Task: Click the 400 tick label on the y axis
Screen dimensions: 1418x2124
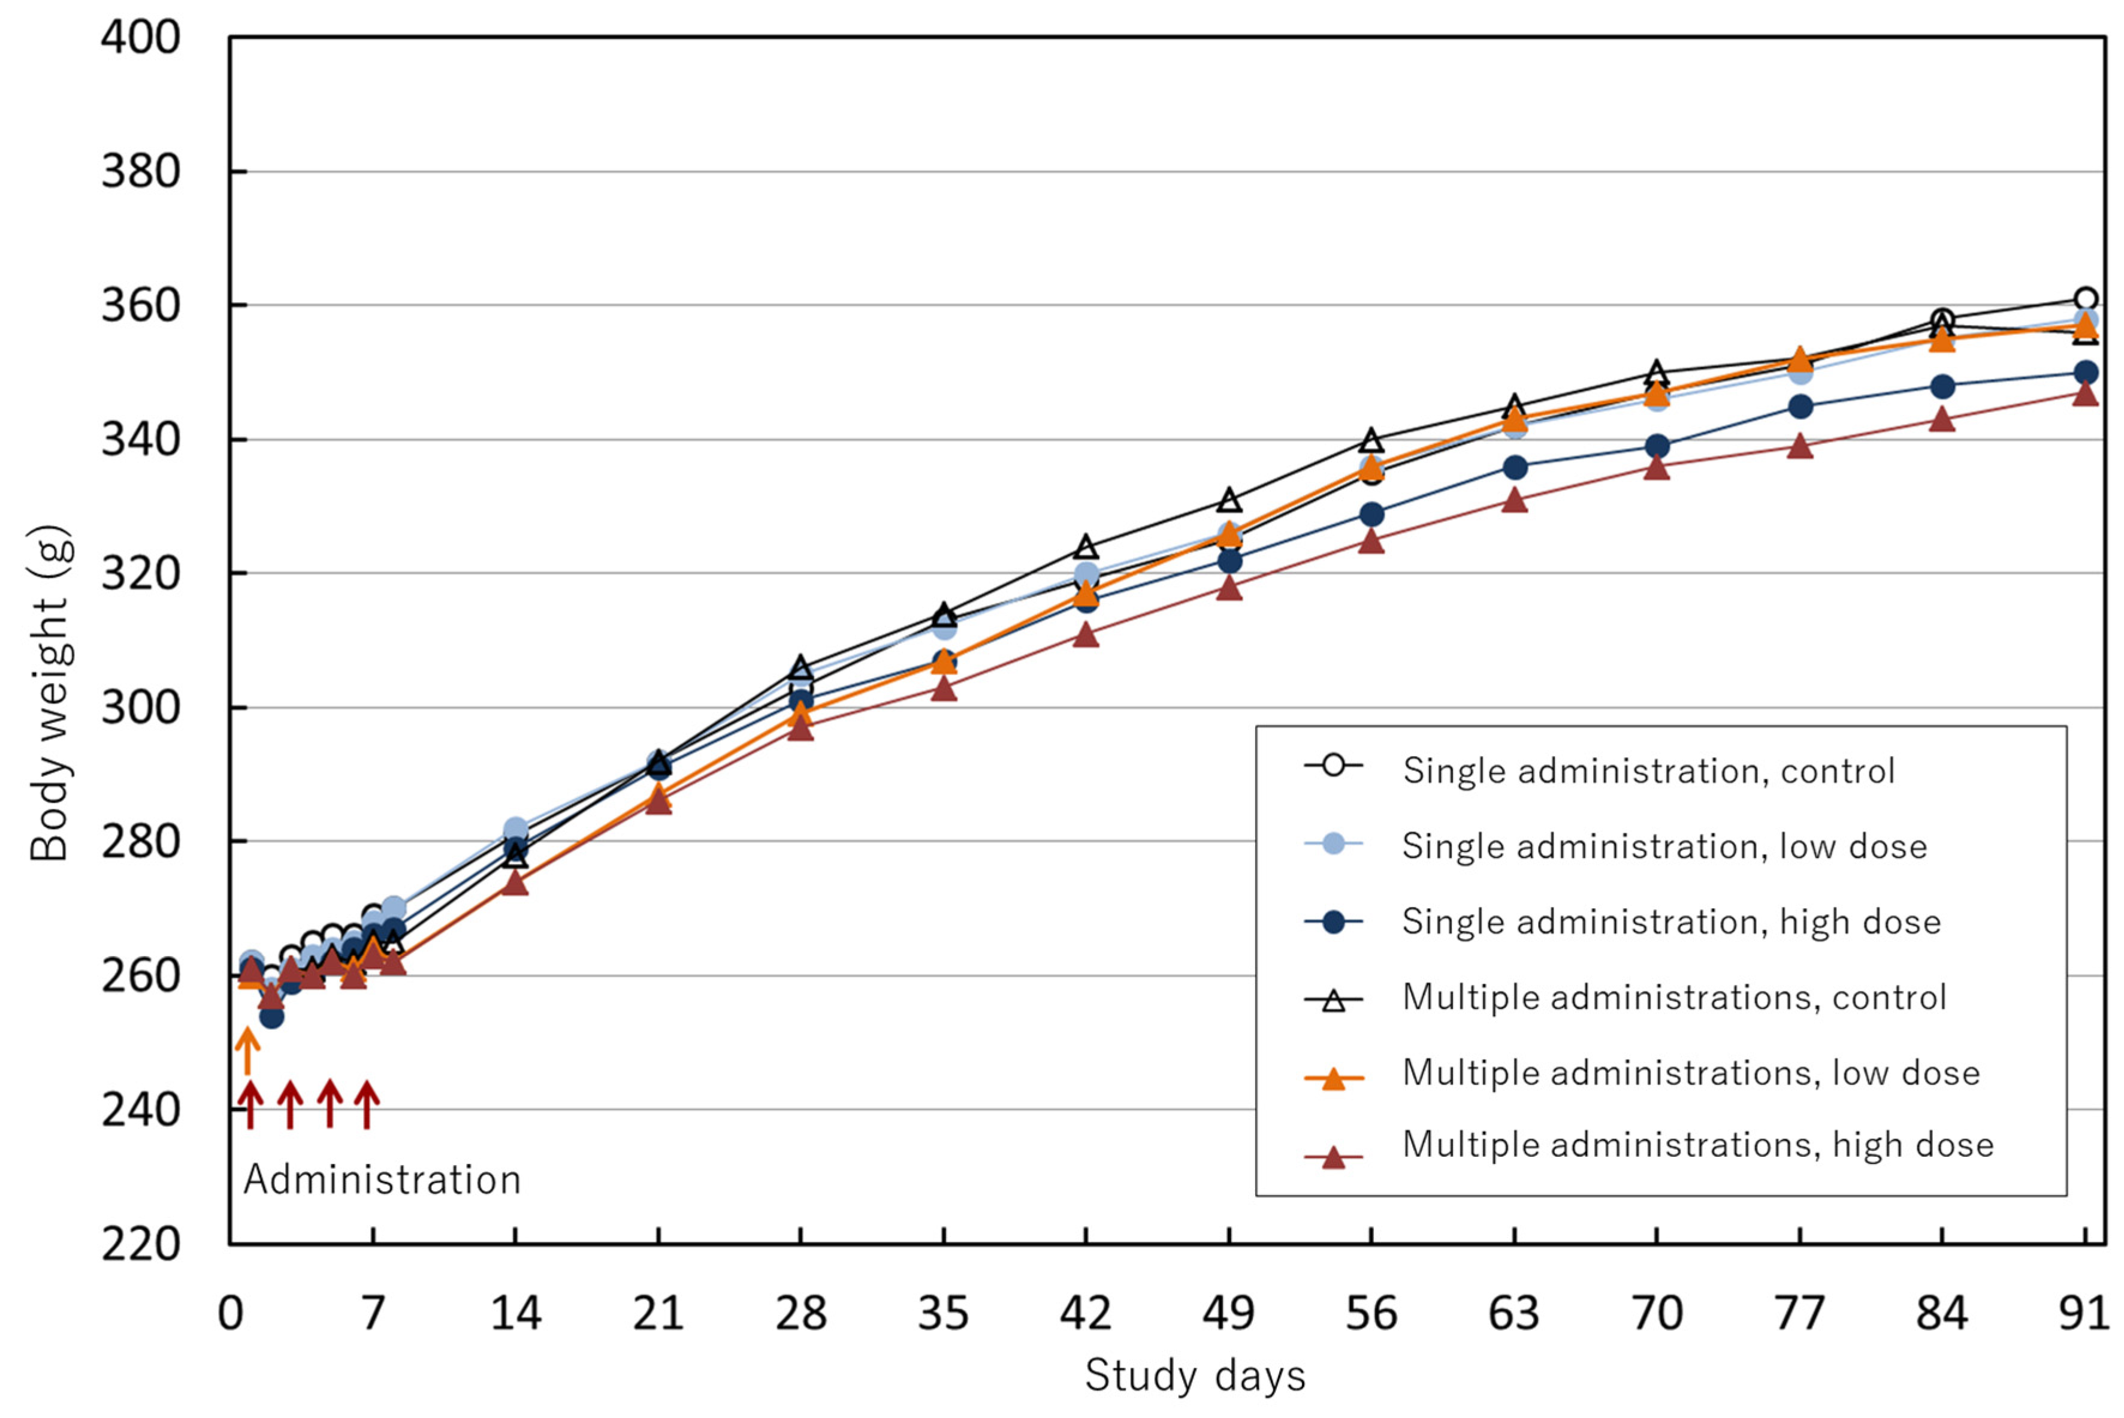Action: [x=140, y=38]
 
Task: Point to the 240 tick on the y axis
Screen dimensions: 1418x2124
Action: [x=140, y=1111]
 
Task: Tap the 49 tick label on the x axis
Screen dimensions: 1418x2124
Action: [x=1228, y=1313]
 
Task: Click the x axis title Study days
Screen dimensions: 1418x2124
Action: [x=1195, y=1375]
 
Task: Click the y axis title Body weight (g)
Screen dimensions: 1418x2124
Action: [x=50, y=693]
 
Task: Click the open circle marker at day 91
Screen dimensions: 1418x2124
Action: [x=2085, y=300]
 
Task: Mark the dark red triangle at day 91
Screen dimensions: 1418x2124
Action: [x=2085, y=394]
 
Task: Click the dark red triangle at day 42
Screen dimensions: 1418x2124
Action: [x=1086, y=636]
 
